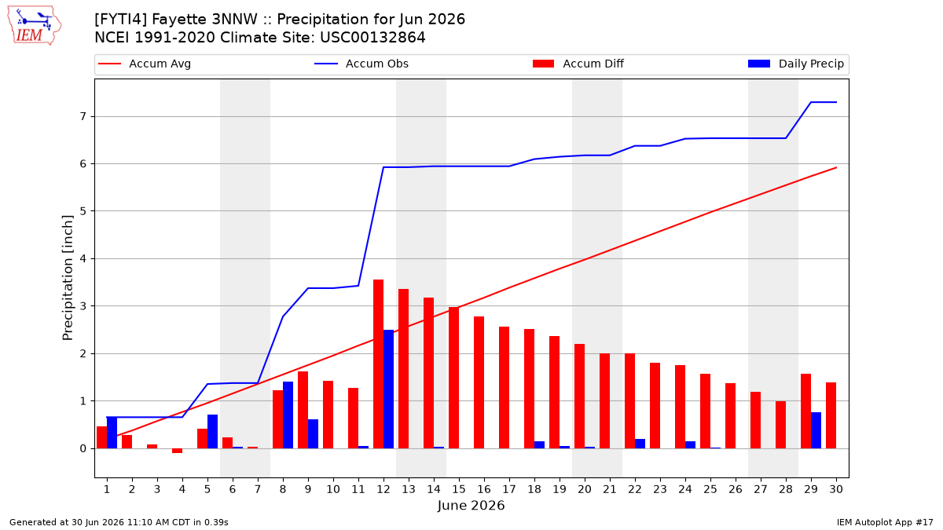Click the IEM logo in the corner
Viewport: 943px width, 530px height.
(35, 26)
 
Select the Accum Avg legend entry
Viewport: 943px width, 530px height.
(145, 64)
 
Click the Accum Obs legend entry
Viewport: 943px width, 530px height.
(361, 64)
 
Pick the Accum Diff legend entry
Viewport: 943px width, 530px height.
(578, 64)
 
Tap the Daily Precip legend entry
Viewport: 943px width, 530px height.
(795, 64)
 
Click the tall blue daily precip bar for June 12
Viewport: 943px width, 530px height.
(388, 389)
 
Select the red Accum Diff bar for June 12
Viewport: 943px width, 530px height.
(379, 364)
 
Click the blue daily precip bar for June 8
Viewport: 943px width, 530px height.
(288, 415)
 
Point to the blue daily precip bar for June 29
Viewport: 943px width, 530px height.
(816, 430)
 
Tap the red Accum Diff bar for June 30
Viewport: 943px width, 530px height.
(831, 415)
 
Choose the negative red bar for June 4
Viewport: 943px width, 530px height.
(178, 451)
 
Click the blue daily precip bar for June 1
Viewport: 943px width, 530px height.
(112, 433)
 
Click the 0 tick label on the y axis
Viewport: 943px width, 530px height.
(83, 449)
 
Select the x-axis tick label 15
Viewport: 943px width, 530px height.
(459, 489)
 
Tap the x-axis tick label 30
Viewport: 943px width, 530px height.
(836, 489)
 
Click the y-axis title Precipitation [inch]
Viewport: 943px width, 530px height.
(68, 278)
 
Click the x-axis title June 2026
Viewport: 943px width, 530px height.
(471, 505)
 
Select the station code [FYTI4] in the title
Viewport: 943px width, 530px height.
(121, 20)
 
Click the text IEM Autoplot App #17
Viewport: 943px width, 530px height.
(885, 522)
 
